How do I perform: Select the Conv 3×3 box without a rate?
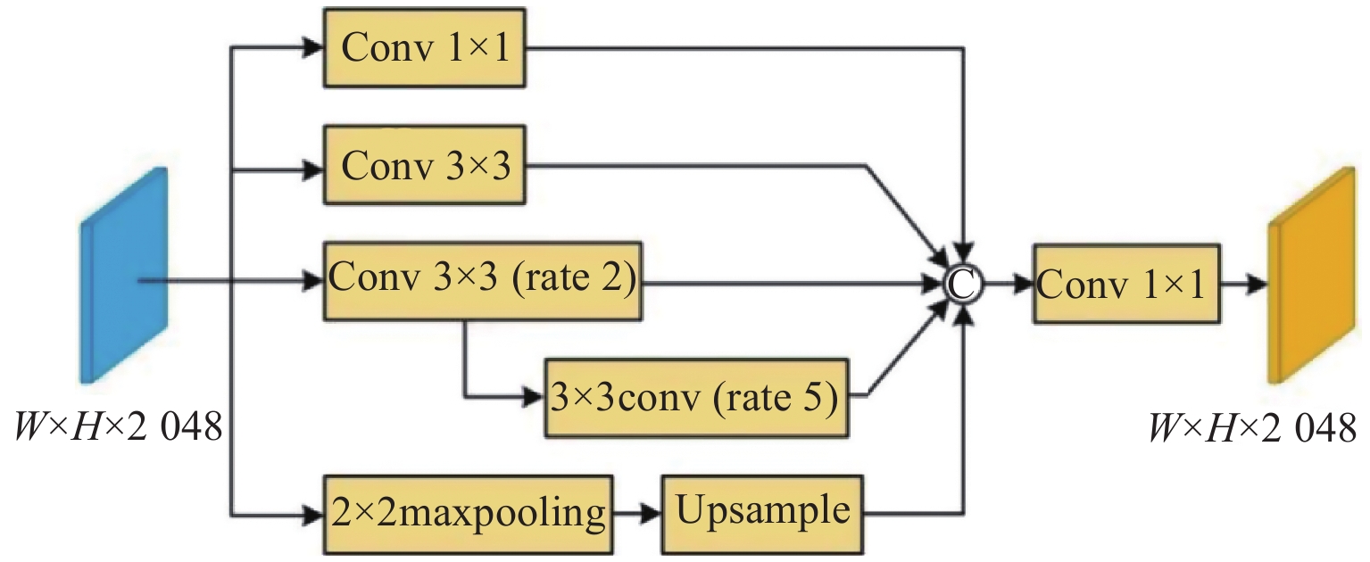click(424, 167)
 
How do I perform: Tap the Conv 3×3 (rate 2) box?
click(482, 281)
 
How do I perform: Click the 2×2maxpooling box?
click(468, 514)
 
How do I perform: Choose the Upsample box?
click(763, 514)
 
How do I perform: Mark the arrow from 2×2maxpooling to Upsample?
click(637, 514)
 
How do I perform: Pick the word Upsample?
click(763, 511)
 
